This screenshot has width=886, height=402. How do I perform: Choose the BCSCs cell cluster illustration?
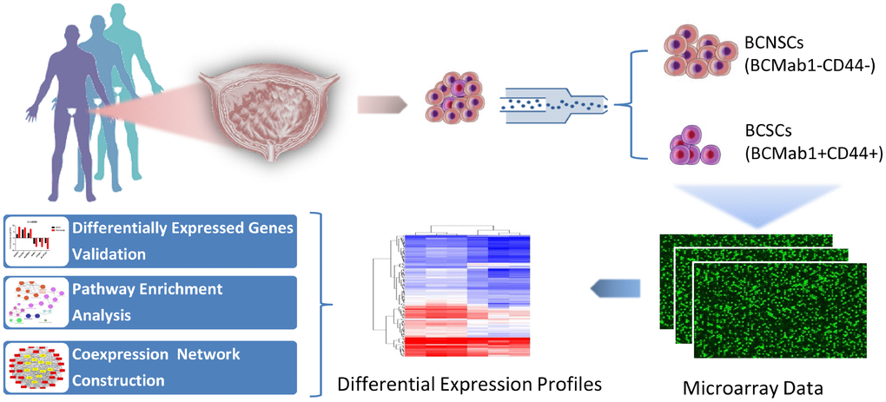pyautogui.click(x=696, y=145)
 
